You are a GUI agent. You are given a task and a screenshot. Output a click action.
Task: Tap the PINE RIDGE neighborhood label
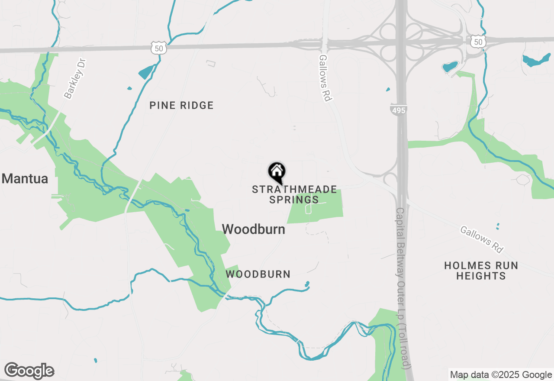181,105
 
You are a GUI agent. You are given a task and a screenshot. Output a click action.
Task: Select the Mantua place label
25,178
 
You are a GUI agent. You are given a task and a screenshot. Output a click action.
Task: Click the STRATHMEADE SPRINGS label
294,194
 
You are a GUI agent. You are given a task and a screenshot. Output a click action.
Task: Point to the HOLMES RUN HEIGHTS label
481,271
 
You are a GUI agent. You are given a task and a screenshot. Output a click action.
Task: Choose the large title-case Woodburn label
254,229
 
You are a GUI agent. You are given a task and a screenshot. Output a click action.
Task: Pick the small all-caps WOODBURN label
258,274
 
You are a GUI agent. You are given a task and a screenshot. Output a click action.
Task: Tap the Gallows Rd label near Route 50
325,78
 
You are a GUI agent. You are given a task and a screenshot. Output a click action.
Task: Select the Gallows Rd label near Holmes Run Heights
482,239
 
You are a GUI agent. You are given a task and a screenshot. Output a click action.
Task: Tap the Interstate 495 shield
398,110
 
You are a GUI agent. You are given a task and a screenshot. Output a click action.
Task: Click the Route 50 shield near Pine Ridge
159,48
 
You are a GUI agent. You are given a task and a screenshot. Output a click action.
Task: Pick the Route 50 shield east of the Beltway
477,42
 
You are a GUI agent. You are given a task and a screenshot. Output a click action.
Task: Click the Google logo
29,371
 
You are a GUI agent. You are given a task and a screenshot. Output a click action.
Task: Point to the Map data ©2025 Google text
501,375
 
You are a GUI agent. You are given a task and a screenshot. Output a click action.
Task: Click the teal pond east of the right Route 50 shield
536,61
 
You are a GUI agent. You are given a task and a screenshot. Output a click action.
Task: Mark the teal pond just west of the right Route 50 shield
450,67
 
